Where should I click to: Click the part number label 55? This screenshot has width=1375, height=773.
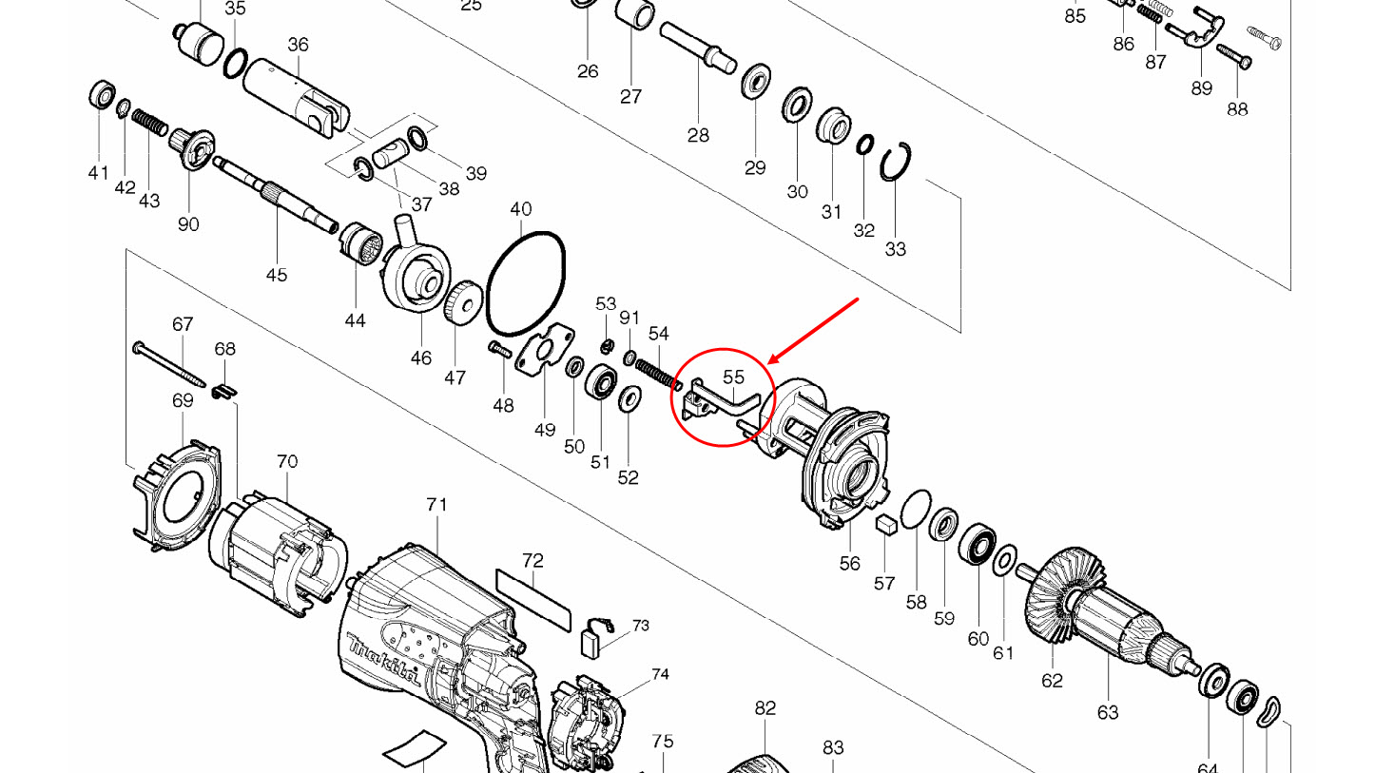733,377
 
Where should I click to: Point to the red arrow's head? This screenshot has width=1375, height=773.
771,363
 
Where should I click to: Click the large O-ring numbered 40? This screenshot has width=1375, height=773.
526,282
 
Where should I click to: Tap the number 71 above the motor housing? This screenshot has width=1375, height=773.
436,505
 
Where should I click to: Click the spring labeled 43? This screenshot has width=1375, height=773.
149,123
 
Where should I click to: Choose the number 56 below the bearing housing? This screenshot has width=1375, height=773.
849,564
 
